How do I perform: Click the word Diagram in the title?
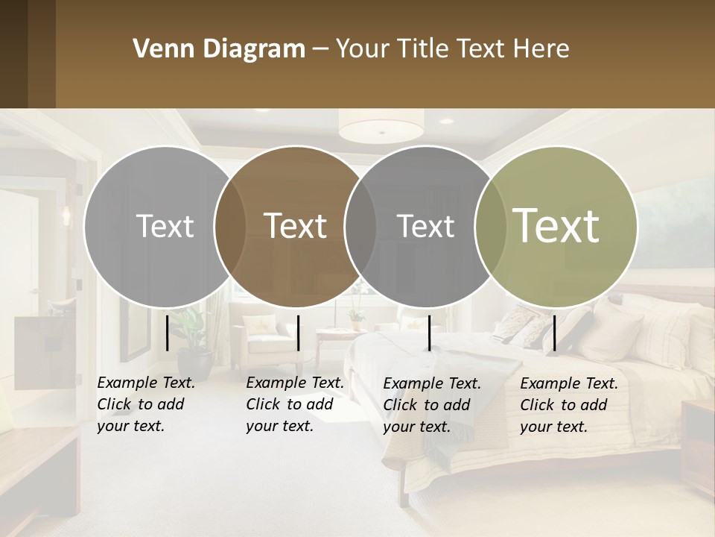coord(254,49)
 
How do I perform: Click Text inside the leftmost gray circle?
coord(165,226)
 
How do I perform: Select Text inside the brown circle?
coord(295,226)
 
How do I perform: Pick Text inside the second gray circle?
coord(425,226)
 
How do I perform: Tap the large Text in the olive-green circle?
coord(556,225)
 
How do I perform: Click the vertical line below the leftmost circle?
coord(167,333)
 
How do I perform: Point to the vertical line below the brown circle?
coord(298,333)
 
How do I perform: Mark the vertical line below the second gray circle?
coord(429,333)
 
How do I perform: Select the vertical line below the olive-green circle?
coord(554,333)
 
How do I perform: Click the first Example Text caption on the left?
coord(146,404)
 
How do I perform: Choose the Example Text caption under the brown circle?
coord(295,404)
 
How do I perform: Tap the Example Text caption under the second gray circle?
coord(432,405)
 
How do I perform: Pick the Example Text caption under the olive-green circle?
coord(569,405)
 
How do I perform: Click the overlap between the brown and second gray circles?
coord(360,226)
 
